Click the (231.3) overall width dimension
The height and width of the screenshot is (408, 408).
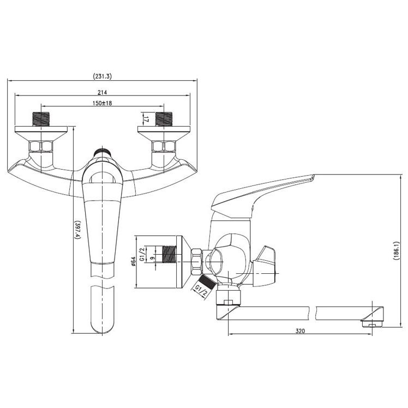[102, 76]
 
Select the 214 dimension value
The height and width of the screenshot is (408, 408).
[102, 92]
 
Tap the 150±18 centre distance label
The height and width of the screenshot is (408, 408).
[102, 103]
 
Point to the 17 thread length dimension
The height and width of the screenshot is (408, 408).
[146, 119]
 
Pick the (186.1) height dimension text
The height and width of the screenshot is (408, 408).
[396, 250]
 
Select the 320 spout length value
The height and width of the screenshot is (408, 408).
[300, 331]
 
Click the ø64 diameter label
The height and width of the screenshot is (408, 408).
[134, 261]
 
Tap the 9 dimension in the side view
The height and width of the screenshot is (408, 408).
[153, 258]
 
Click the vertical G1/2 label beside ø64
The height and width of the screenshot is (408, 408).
[142, 255]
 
